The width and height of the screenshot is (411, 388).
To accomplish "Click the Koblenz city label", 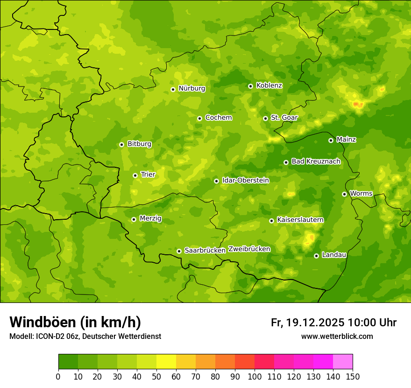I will click(269, 86).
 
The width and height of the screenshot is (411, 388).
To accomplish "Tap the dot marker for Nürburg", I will click(173, 89).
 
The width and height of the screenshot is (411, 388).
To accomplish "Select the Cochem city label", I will click(218, 118).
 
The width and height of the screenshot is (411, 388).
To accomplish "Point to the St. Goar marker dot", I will click(265, 118).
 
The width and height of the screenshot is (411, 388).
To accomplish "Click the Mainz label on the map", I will click(346, 140).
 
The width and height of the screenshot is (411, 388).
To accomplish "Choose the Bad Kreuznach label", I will click(316, 162).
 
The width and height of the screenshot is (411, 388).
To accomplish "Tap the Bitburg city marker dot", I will click(121, 144).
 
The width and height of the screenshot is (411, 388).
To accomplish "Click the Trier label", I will click(148, 175).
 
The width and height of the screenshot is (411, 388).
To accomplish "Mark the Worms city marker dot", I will click(344, 194).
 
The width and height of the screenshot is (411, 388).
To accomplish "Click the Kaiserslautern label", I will click(300, 220).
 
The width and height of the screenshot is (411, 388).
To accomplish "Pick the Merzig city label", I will click(150, 219).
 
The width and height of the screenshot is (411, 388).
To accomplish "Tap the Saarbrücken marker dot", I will click(179, 251).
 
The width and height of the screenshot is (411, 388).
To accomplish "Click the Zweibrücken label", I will click(249, 249).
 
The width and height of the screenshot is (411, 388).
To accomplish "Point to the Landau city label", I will click(334, 255).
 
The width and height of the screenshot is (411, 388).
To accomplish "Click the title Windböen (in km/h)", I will click(75, 322).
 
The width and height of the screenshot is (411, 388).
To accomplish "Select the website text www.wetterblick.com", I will click(337, 337).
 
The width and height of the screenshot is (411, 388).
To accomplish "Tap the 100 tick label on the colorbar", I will click(255, 376).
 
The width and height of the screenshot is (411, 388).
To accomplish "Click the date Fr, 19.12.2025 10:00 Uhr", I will click(333, 323).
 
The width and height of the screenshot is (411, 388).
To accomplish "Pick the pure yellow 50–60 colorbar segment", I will click(166, 362).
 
